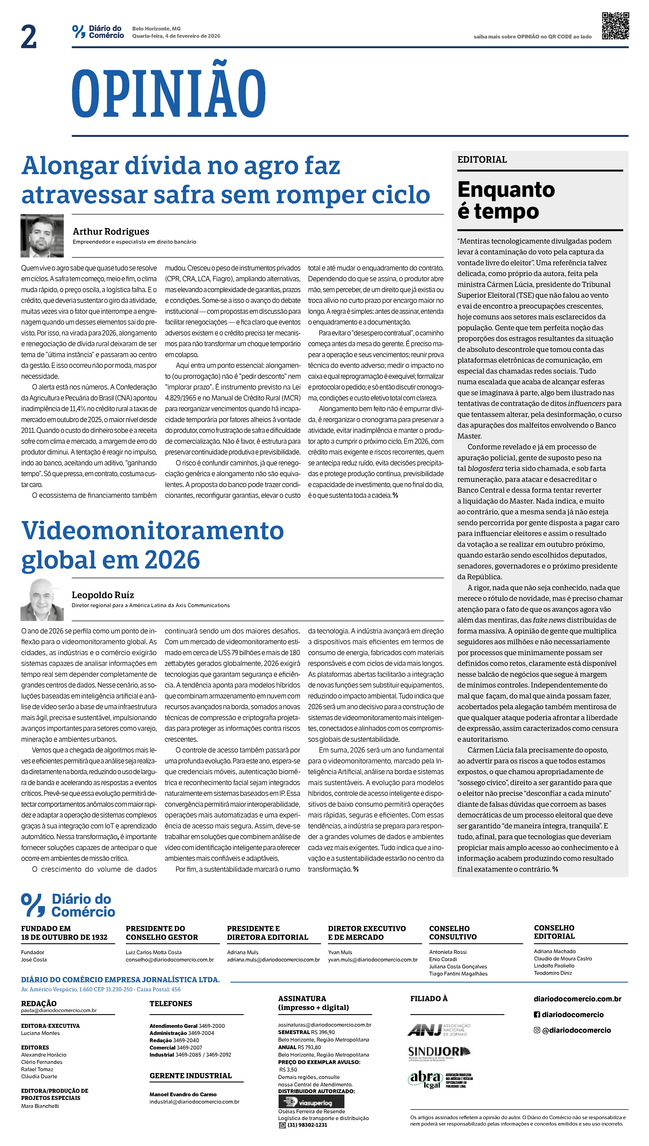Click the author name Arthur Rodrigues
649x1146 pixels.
click(x=111, y=231)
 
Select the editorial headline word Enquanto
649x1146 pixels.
click(x=506, y=190)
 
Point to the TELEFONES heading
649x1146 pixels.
click(x=171, y=1003)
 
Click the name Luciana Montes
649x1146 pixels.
click(x=40, y=1033)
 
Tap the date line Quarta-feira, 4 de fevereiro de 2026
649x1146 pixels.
click(x=176, y=36)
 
